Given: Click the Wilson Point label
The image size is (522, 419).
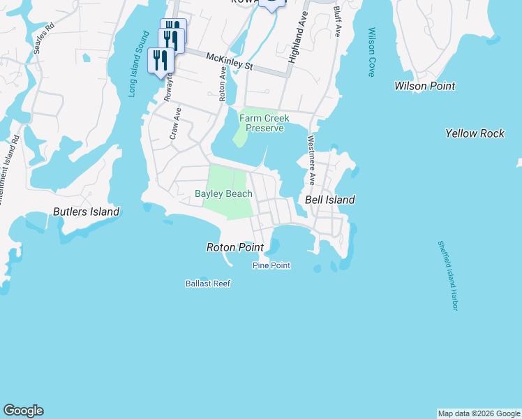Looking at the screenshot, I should click(x=424, y=86).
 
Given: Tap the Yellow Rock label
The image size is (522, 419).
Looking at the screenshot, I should click(x=475, y=133).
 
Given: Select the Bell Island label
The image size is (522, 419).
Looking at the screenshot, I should click(x=330, y=200).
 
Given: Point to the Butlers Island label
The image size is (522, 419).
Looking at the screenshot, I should click(x=87, y=212).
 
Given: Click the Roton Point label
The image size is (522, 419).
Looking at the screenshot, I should click(x=235, y=247).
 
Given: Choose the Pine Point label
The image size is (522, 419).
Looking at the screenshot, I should click(x=271, y=265).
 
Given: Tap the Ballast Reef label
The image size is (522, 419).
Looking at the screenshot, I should click(x=208, y=284).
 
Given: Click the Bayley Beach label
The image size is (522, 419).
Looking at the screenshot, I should click(x=223, y=193).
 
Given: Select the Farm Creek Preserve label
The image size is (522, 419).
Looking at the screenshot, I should click(x=264, y=123).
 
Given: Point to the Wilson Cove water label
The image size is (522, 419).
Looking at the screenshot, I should click(x=371, y=52).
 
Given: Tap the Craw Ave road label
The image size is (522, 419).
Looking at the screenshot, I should click(x=175, y=124).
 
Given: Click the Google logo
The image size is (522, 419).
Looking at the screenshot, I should click(x=23, y=411).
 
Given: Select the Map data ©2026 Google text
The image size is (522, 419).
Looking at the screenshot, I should click(x=478, y=413).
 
